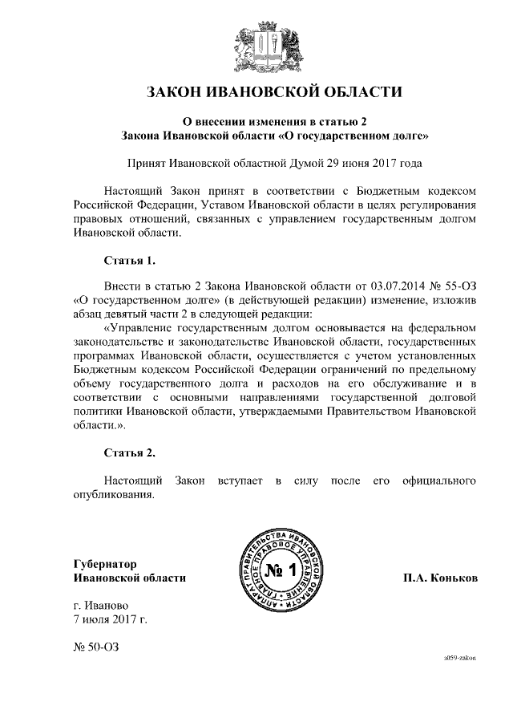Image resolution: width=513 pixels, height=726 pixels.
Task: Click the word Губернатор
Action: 104,563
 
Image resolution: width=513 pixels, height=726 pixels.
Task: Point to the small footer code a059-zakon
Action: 459,657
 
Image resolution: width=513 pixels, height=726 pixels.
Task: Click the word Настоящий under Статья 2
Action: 129,480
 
